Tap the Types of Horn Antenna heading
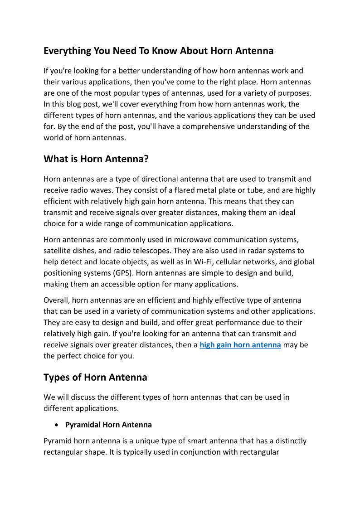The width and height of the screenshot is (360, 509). [95, 377]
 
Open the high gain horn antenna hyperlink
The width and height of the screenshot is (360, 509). [240, 345]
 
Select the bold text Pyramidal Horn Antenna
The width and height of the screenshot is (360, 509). [108, 425]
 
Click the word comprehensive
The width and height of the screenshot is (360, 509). [209, 126]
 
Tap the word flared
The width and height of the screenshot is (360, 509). [140, 190]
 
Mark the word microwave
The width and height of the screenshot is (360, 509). [180, 239]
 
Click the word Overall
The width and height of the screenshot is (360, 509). [56, 300]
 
